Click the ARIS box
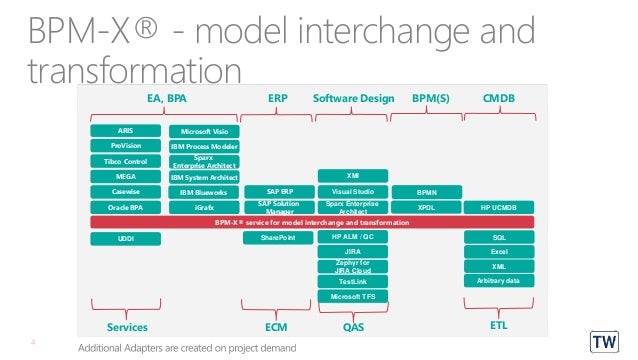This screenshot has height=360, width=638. tap(125, 131)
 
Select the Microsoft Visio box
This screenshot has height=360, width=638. tap(203, 131)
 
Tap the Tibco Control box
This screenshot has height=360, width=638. tap(125, 161)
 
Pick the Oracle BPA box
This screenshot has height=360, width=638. tap(125, 207)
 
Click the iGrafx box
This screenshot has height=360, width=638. tap(203, 207)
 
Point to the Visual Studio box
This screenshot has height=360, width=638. tap(352, 191)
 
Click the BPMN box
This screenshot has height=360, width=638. tap(425, 191)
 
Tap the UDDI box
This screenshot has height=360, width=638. tap(125, 239)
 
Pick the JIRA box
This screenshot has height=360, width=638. tap(352, 253)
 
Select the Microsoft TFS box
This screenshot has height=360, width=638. tap(352, 297)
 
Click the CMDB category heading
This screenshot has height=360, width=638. tap(498, 100)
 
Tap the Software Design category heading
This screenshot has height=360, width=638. tap(352, 100)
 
